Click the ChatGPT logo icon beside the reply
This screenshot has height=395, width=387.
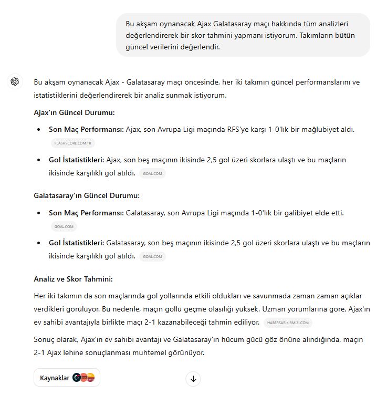15,81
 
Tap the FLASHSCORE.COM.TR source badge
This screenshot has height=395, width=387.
73,142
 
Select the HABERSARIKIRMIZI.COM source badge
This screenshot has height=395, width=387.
289,322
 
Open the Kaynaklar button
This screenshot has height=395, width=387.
67,378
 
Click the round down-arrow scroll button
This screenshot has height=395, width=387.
193,379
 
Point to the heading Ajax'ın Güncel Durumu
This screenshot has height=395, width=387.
74,112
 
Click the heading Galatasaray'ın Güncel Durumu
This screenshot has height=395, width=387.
87,195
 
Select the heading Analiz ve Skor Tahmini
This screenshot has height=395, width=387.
73,279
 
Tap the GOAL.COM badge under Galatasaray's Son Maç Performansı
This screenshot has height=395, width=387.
65,226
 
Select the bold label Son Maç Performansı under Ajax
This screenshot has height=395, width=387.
86,129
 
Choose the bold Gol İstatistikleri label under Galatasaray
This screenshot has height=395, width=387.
76,243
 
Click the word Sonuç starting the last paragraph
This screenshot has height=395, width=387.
45,339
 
